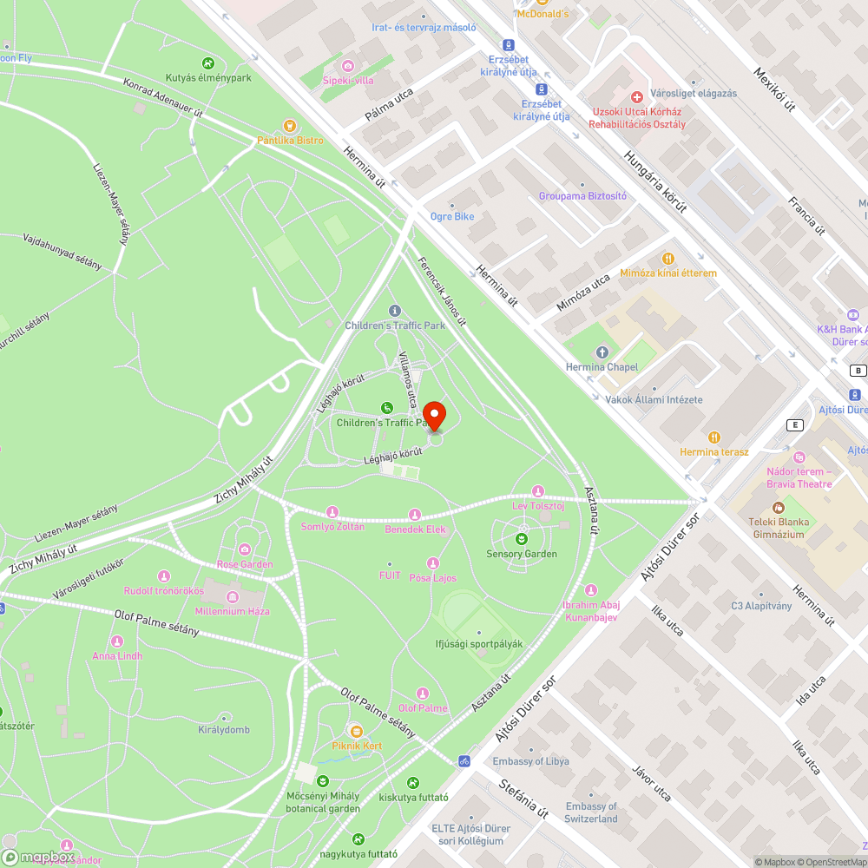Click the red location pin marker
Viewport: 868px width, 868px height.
(434, 413)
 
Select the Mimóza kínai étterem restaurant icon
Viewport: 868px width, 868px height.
(667, 258)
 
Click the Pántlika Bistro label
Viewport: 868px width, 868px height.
(290, 141)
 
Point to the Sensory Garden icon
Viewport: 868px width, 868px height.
(522, 530)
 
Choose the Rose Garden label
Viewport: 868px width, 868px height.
(245, 564)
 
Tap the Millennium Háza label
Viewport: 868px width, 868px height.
(233, 611)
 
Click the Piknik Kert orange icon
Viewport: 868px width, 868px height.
(356, 731)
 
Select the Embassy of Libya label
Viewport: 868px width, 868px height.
(531, 761)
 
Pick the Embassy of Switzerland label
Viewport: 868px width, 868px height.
(591, 812)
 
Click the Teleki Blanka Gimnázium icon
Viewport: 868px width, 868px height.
(779, 507)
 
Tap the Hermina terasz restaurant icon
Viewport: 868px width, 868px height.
(713, 437)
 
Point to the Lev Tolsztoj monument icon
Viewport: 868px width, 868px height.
(538, 491)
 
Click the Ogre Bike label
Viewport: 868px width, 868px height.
(452, 216)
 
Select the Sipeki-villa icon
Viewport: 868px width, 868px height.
(348, 66)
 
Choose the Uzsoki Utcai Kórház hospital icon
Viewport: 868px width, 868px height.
(636, 96)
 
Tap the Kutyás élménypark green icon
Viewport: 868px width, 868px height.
(208, 62)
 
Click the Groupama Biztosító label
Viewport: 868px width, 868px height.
(582, 196)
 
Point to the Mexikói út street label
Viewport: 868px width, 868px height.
(774, 90)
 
